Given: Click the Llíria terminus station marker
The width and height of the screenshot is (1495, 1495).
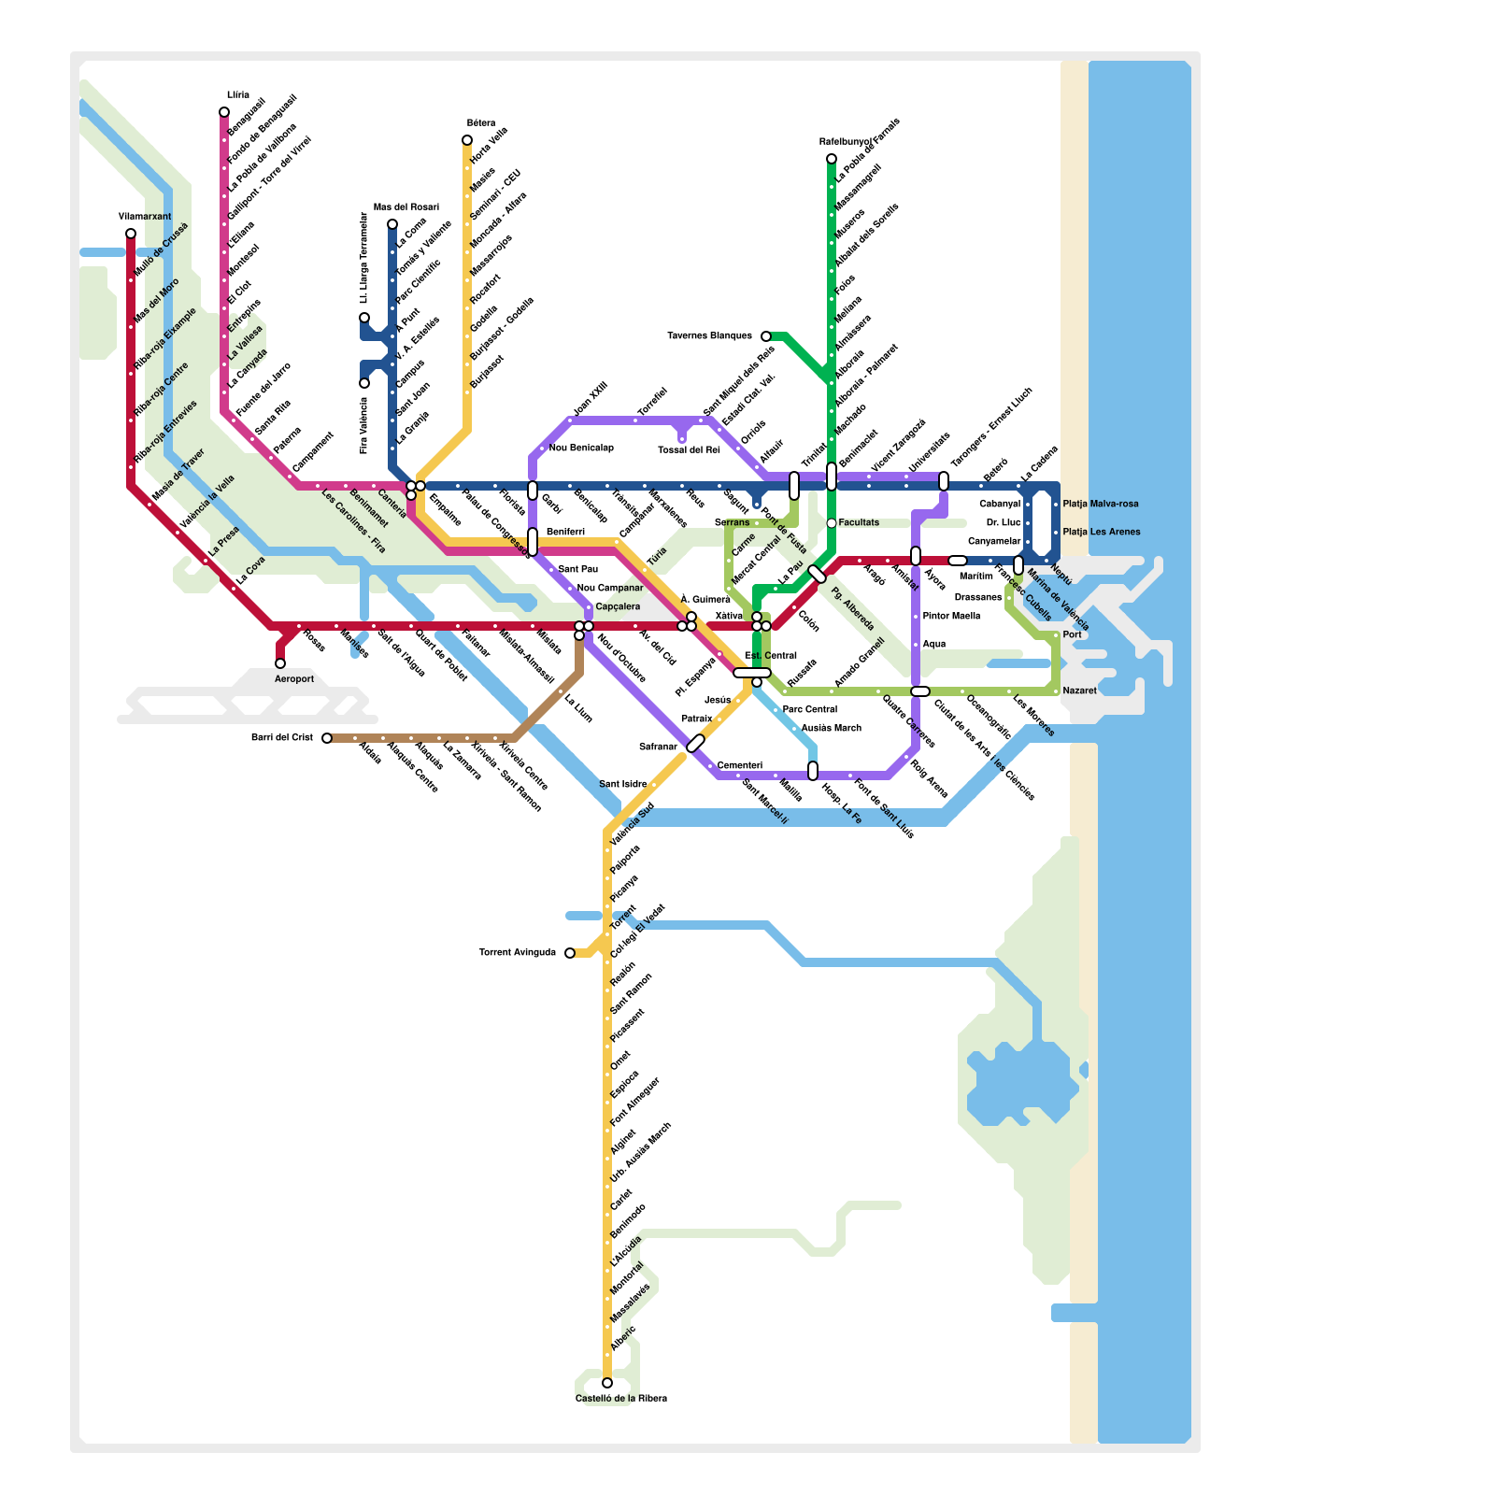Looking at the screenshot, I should [224, 112].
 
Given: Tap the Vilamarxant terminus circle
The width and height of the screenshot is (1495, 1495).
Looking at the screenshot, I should [131, 234].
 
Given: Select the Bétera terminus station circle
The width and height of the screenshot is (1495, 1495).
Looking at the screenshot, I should [467, 140].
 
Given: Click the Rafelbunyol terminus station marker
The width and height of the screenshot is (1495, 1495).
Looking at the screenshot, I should [832, 159].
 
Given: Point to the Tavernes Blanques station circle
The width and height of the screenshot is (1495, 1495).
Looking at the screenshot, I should [766, 336].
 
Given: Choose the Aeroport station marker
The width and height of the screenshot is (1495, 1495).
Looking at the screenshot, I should [280, 663].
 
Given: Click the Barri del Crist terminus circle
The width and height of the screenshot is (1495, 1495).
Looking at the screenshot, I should [327, 738].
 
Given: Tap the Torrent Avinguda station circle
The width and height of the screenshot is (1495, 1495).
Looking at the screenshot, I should [570, 953].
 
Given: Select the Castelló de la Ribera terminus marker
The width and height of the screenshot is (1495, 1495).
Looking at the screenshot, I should [607, 1383].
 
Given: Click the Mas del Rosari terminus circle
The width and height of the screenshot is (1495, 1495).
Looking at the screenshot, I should [392, 224].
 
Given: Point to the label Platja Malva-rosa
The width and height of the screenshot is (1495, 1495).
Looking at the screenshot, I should [1101, 505].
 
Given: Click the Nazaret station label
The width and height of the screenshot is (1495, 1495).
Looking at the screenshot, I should [1079, 691].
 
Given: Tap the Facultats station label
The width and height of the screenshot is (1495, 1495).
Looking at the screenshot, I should [859, 523].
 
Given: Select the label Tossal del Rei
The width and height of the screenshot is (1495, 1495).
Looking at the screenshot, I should [689, 450].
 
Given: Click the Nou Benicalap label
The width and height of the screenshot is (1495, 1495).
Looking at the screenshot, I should [581, 448].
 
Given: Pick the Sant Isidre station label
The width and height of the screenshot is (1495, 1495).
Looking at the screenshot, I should [622, 785].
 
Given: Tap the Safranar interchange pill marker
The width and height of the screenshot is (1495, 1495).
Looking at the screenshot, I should [696, 743].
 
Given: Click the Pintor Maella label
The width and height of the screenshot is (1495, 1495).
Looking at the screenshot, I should [951, 617].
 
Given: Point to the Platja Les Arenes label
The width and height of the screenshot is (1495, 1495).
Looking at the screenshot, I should [1102, 533].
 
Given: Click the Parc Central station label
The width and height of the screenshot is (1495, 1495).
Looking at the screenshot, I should [809, 710].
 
